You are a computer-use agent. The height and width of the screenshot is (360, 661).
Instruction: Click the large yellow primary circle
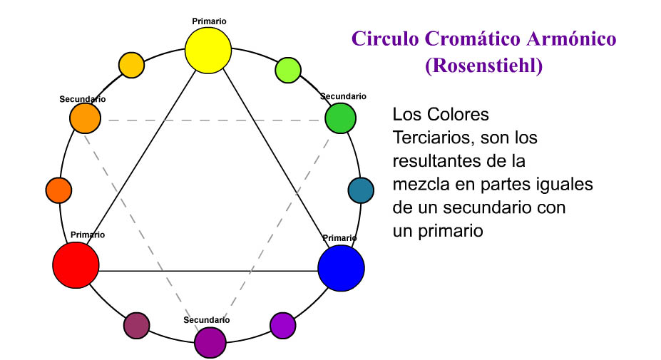point(208,51)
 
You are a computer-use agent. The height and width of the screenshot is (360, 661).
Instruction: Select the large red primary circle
point(76,264)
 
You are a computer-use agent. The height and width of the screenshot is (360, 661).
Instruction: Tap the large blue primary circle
point(341,268)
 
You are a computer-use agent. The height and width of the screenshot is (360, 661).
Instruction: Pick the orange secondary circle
point(85,118)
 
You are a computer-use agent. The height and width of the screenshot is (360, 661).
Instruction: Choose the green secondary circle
point(340,118)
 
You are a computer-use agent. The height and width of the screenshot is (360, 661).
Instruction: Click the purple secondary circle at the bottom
point(210,341)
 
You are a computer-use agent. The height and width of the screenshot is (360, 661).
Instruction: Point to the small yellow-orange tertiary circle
point(130,65)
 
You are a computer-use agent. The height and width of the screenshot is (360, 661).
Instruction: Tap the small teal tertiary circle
point(360,190)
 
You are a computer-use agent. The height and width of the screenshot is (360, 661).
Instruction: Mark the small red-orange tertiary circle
point(58,190)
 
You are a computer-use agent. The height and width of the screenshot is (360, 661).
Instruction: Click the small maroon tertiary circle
point(136,326)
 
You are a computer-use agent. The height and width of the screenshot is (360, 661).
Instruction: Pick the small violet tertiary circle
point(282,325)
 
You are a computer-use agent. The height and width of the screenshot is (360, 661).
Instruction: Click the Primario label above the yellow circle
point(210,21)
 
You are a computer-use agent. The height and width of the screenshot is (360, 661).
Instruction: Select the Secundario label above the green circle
point(343,96)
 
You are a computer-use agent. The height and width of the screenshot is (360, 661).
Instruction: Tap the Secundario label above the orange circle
point(83,98)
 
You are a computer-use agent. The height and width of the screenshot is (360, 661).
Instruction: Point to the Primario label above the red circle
point(88,235)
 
